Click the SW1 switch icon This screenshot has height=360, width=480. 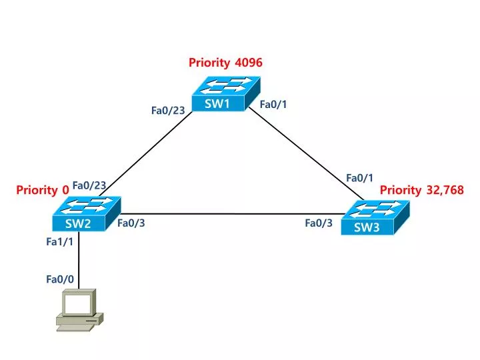(x=225, y=94)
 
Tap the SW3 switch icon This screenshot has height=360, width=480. (x=374, y=218)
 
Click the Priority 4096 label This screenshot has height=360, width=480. (x=225, y=63)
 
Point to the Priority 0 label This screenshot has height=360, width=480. (x=43, y=190)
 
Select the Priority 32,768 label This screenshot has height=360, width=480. (x=421, y=190)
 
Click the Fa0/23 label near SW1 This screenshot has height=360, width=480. (x=168, y=111)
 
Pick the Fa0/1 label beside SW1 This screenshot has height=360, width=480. (x=273, y=104)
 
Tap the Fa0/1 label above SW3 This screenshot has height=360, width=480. (x=359, y=178)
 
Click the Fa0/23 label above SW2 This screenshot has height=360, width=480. (x=89, y=185)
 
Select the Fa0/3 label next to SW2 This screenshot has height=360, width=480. (x=131, y=223)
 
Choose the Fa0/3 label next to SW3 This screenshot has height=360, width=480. (x=319, y=223)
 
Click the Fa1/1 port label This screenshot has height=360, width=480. (x=59, y=242)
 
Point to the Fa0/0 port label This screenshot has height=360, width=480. (x=59, y=279)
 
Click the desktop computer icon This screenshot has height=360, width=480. (x=79, y=310)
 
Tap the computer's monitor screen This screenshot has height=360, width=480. (x=77, y=304)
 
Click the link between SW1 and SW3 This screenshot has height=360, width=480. (x=307, y=155)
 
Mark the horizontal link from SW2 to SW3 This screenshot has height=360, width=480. (x=227, y=214)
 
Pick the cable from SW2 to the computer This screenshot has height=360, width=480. (x=79, y=260)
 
